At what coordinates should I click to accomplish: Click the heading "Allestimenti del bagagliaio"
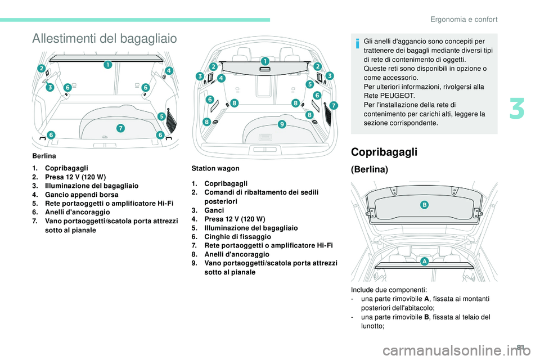click(x=105, y=38)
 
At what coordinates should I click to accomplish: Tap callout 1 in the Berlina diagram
click(x=106, y=66)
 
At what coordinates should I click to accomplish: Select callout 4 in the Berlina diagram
click(x=169, y=71)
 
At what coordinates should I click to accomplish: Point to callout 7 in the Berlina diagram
click(x=121, y=129)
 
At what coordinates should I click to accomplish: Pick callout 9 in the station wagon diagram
click(x=281, y=124)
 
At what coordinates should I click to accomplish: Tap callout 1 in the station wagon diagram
click(x=264, y=60)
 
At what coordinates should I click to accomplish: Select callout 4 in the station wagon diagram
click(x=221, y=79)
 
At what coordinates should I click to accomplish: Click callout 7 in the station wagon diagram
click(x=334, y=105)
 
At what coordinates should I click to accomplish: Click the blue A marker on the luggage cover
click(x=422, y=262)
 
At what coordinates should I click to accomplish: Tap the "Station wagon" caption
click(x=216, y=168)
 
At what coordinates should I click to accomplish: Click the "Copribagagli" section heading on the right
click(x=378, y=151)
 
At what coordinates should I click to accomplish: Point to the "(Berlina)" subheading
click(x=369, y=169)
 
